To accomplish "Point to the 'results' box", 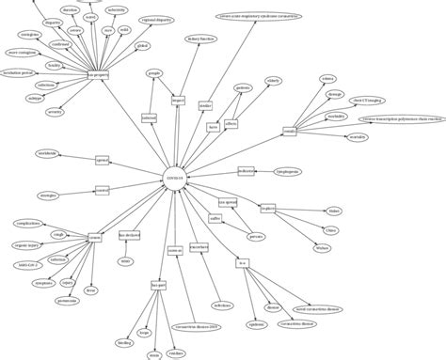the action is pyautogui.click(x=290, y=132).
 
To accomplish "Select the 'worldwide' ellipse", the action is pyautogui.click(x=48, y=153).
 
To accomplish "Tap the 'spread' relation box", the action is pyautogui.click(x=104, y=162).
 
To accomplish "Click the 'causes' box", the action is pyautogui.click(x=94, y=239).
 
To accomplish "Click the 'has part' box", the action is pyautogui.click(x=158, y=283).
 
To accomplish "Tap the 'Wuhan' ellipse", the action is pyautogui.click(x=324, y=248).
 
